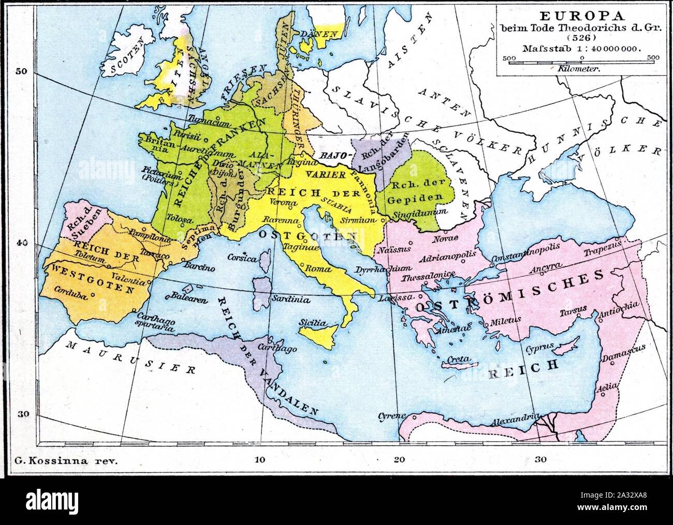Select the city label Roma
(x=315, y=269)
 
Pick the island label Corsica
(x=243, y=258)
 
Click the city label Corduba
(x=68, y=291)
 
